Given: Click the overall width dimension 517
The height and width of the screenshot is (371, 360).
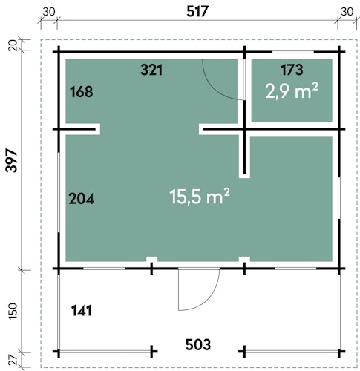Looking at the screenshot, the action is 197,12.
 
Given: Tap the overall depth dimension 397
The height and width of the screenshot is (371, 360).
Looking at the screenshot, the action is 12,160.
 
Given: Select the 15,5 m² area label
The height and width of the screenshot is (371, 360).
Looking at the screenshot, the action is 200,197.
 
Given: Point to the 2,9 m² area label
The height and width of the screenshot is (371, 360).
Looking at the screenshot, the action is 292,91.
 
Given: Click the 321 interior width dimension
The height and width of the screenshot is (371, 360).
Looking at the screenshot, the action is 151,70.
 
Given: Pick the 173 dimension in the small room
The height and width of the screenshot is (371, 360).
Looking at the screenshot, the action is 292,70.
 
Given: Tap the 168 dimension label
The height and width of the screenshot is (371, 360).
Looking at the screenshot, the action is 82,91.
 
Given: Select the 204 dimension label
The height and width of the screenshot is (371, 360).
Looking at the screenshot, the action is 82,199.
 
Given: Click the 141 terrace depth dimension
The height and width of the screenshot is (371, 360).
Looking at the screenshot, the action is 82,311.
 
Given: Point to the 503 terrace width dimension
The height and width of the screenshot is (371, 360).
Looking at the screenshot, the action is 198,344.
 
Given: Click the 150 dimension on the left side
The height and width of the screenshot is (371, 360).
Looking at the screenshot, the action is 13,311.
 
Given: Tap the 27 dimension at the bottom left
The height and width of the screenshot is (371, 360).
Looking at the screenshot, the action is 14,360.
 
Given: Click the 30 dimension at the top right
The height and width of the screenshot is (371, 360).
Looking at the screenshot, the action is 347,12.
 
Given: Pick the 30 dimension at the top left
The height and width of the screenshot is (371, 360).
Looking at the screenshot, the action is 48,12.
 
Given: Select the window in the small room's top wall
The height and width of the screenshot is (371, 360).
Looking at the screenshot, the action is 293,52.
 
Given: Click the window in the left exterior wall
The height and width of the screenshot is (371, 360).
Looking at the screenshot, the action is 59,192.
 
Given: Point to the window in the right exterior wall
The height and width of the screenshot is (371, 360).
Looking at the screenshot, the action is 339,198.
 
